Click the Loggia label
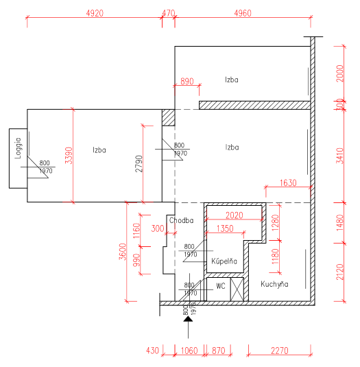(19, 148)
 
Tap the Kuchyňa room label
(274, 284)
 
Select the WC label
(221, 286)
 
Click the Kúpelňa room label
(224, 261)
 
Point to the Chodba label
(181, 220)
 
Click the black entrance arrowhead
(188, 318)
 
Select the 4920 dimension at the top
(95, 13)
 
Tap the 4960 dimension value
(243, 13)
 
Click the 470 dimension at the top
(169, 13)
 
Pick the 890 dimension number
(187, 81)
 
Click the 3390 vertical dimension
(69, 156)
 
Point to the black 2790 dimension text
(139, 163)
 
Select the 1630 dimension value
(288, 182)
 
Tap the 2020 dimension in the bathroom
(235, 215)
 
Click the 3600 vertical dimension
(122, 252)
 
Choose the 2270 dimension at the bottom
(280, 351)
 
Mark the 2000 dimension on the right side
(340, 73)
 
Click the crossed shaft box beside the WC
(237, 289)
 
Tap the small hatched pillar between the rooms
(169, 117)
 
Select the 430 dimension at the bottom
(152, 351)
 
